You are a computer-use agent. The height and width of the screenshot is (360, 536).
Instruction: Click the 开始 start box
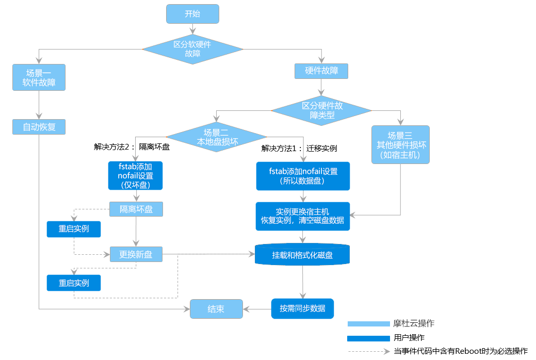[192, 14]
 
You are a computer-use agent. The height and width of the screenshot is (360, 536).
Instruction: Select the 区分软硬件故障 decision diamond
[192, 50]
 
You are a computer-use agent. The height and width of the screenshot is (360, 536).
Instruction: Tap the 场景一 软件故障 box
[39, 77]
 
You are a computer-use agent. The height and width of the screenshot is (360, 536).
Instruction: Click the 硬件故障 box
[321, 71]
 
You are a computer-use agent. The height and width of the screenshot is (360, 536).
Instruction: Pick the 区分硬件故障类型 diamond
[321, 110]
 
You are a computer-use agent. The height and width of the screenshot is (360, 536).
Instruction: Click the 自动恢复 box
[39, 127]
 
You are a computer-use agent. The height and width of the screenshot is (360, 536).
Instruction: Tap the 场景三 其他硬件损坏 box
[400, 145]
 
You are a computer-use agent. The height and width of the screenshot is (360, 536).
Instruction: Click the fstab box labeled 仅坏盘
[135, 176]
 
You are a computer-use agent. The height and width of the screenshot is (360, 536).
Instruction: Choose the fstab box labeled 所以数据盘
[303, 176]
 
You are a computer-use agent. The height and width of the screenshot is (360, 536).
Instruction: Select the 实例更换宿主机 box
[303, 216]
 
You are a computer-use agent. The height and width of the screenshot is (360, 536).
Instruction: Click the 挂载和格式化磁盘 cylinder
[302, 255]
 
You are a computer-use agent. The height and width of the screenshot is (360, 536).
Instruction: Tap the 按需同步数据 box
[302, 308]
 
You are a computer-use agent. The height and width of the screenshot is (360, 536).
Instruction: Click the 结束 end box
[216, 309]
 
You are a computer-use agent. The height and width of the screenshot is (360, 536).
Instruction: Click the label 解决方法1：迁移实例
[299, 149]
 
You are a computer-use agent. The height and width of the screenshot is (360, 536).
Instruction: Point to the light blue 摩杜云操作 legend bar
[368, 324]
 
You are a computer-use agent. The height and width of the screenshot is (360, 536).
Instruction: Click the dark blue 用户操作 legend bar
[368, 338]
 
